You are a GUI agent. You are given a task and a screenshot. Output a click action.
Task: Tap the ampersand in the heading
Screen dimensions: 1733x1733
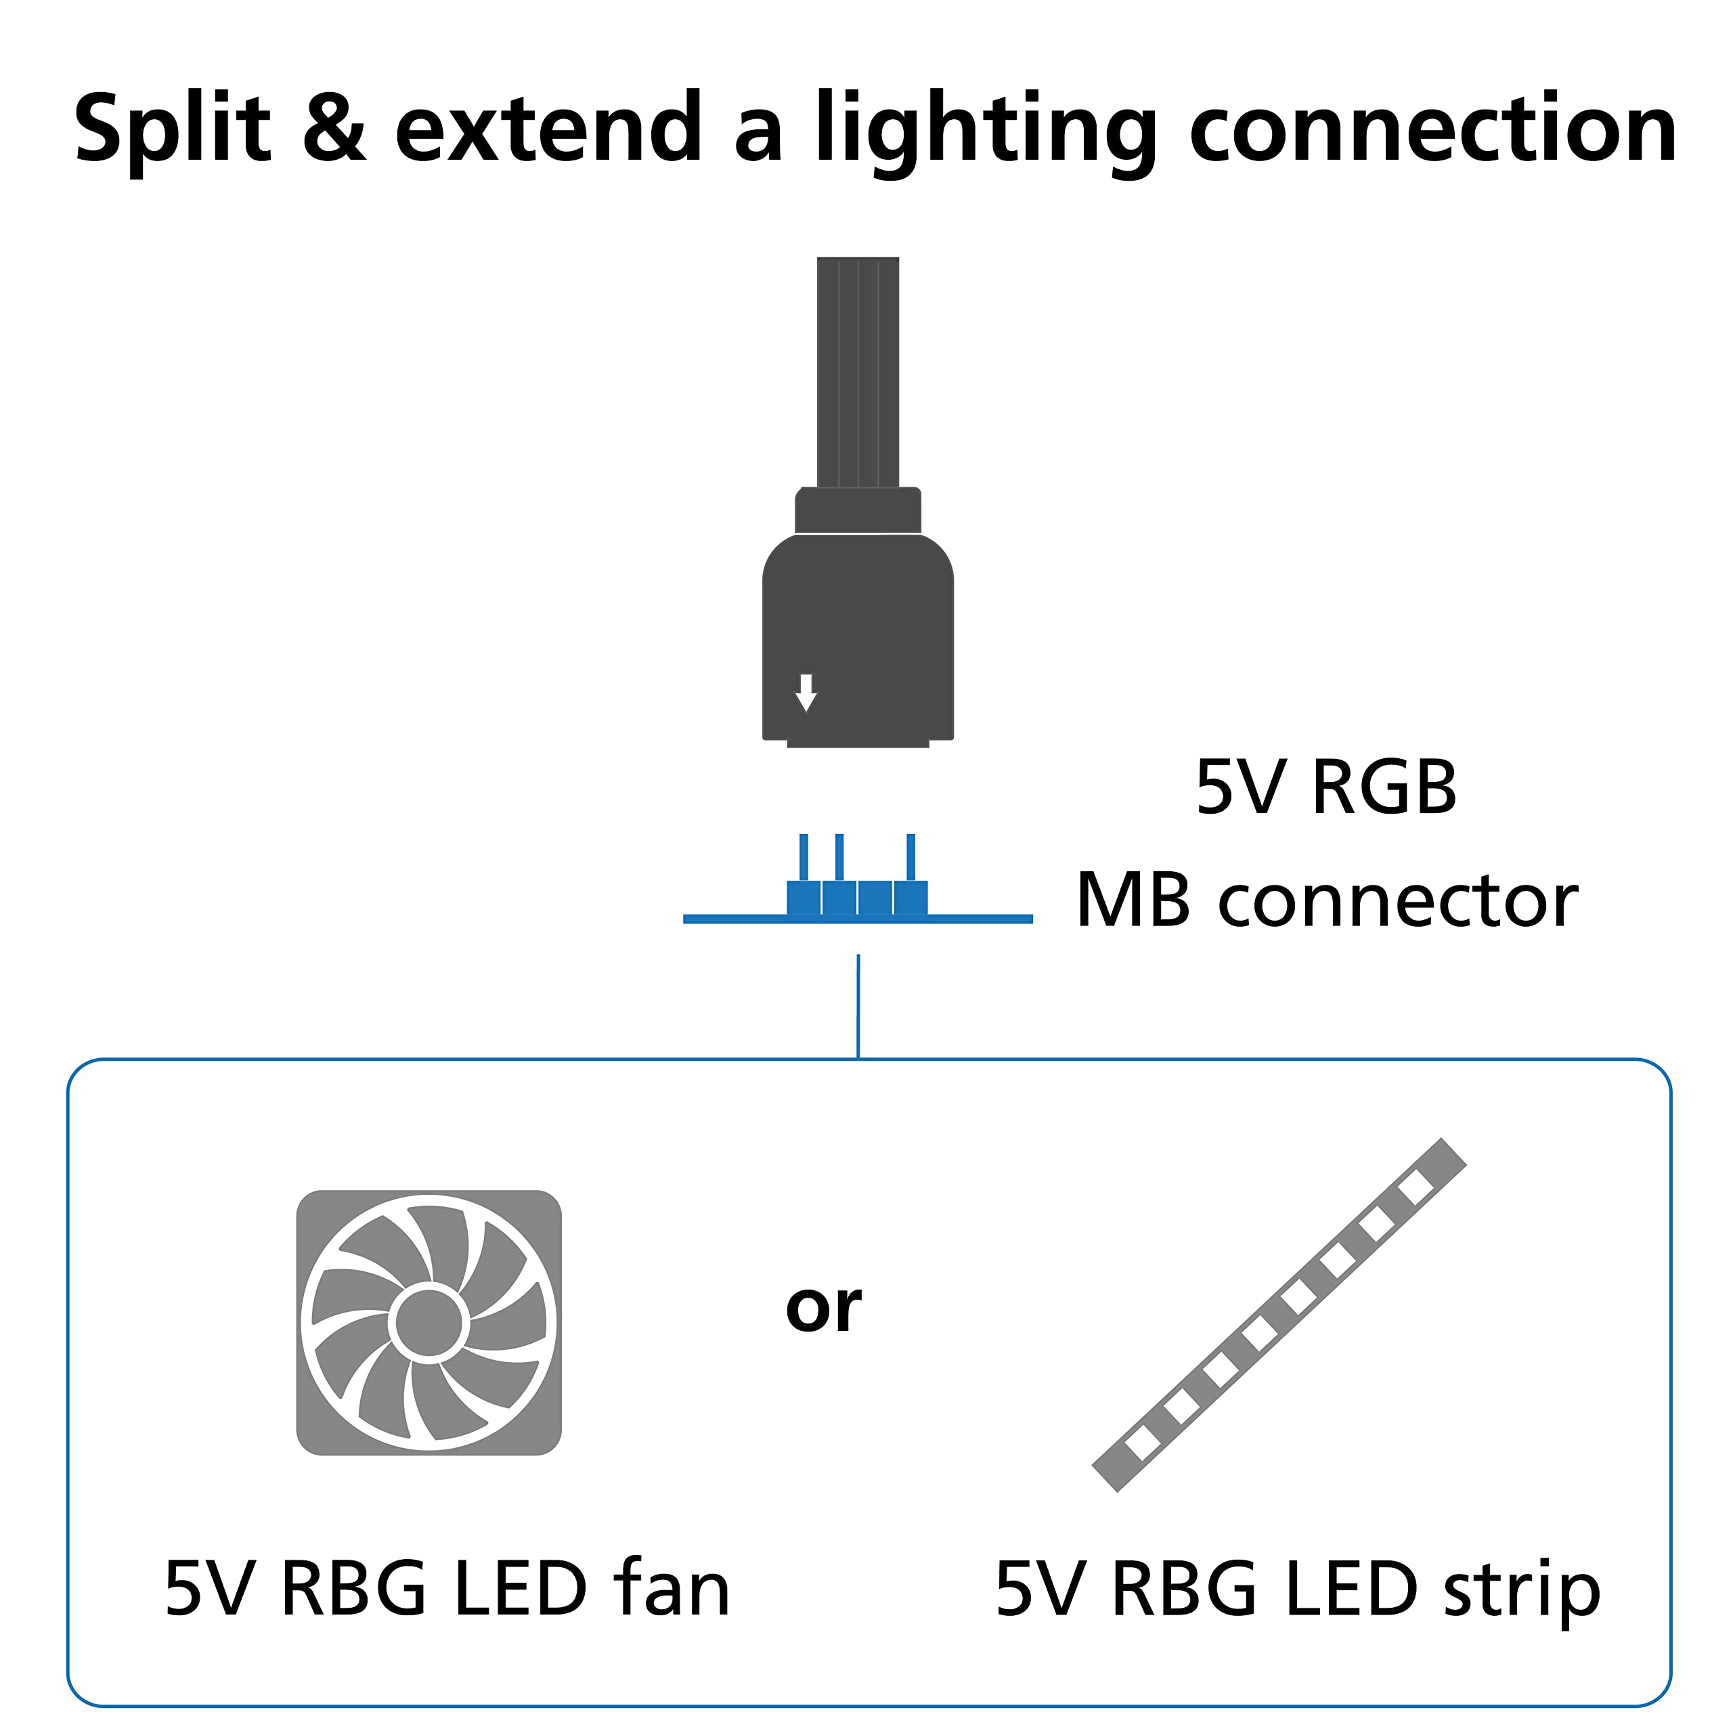click(334, 130)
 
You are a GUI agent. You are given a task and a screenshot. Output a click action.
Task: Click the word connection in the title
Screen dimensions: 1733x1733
click(1432, 130)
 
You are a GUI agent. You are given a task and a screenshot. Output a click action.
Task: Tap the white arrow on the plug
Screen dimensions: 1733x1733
click(806, 692)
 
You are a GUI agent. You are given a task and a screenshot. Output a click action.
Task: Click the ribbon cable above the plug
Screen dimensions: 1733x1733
click(858, 372)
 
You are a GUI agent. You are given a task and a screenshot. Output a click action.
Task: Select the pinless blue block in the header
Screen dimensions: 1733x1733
click(875, 898)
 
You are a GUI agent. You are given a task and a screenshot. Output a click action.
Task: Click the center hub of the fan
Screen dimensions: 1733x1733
click(429, 1323)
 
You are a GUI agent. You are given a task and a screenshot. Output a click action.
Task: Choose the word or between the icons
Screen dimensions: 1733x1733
click(822, 1308)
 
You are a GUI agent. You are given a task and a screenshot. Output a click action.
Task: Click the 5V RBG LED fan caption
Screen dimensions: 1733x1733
click(447, 1589)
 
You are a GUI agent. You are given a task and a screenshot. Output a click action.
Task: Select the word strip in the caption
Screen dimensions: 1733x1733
click(1521, 1590)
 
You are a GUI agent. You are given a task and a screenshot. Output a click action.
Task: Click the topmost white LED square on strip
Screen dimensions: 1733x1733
click(1416, 1187)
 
